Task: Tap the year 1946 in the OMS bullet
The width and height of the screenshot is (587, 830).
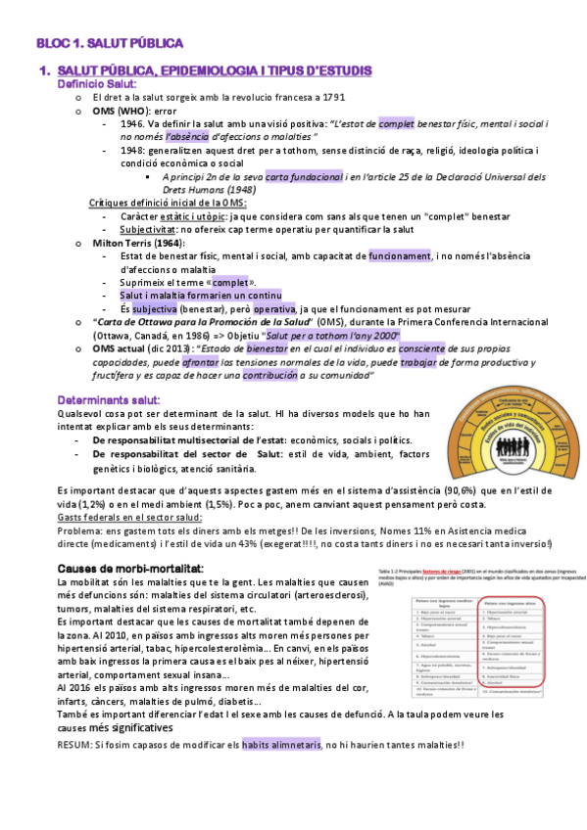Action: (134, 124)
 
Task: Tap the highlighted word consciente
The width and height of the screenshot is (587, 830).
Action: (416, 346)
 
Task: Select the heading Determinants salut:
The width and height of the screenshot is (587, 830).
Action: (109, 400)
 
